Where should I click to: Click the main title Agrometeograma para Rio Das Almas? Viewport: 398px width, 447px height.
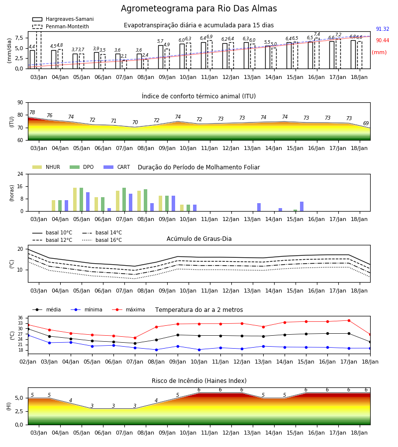coord(199,8)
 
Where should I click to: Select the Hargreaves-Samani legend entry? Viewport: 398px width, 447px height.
coord(63,19)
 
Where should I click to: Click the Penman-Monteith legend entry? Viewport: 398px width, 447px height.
coord(61,26)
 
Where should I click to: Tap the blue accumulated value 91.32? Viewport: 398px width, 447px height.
coord(383,29)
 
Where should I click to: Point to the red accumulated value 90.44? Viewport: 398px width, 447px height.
coord(383,41)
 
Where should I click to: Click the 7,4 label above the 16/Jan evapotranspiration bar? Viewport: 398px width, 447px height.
coord(317,34)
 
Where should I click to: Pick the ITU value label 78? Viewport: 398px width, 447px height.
coord(32,112)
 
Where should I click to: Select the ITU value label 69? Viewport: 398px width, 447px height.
coord(366,123)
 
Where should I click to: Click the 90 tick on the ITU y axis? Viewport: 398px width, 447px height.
coord(20,103)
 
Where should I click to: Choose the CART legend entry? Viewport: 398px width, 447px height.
coord(117,167)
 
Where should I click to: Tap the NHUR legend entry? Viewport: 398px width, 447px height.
coord(46,167)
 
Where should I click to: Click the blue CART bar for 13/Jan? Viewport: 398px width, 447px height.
coord(259,207)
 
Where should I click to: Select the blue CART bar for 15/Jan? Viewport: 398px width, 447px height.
coord(302,207)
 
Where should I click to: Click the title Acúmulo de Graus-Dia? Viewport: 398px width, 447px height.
coord(199,239)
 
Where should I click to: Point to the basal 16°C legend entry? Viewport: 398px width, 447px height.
coord(102,240)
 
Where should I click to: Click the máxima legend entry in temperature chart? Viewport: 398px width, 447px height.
coord(128,309)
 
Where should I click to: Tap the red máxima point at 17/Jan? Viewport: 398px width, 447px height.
coord(349,320)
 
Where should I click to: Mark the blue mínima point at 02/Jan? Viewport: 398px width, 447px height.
coord(28,336)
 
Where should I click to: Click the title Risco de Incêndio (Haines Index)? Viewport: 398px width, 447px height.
coord(199,381)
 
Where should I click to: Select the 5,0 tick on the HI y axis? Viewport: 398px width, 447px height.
coord(19,398)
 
